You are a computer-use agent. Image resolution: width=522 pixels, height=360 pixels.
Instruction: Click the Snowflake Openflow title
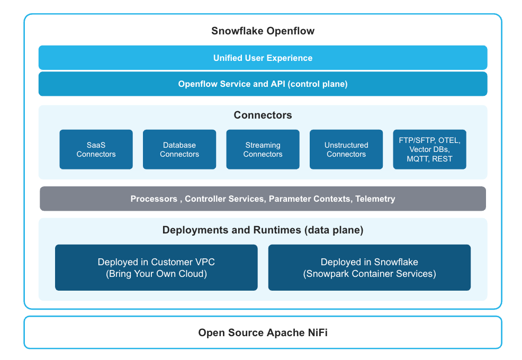263,31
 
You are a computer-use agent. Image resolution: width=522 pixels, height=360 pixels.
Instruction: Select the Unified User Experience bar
263,58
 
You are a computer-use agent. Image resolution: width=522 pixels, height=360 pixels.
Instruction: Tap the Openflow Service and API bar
263,84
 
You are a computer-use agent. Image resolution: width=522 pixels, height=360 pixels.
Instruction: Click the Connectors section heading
263,115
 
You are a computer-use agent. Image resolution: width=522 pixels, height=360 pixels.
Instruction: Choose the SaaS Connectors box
96,149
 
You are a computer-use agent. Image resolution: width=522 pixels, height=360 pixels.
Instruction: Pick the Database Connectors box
179,149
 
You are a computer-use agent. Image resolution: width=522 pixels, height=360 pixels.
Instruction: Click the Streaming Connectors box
263,149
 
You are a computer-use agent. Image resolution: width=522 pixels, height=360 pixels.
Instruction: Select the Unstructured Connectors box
346,149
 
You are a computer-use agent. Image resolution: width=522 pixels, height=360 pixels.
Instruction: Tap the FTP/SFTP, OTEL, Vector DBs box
429,149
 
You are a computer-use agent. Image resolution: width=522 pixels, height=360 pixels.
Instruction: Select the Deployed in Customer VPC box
156,267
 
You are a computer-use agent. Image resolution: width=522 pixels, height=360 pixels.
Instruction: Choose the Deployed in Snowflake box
369,267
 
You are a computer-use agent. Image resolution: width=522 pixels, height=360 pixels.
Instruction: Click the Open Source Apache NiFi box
263,332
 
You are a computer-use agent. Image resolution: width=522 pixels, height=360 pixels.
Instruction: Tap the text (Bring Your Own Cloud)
156,274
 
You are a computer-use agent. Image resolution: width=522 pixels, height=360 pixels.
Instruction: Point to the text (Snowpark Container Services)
369,274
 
